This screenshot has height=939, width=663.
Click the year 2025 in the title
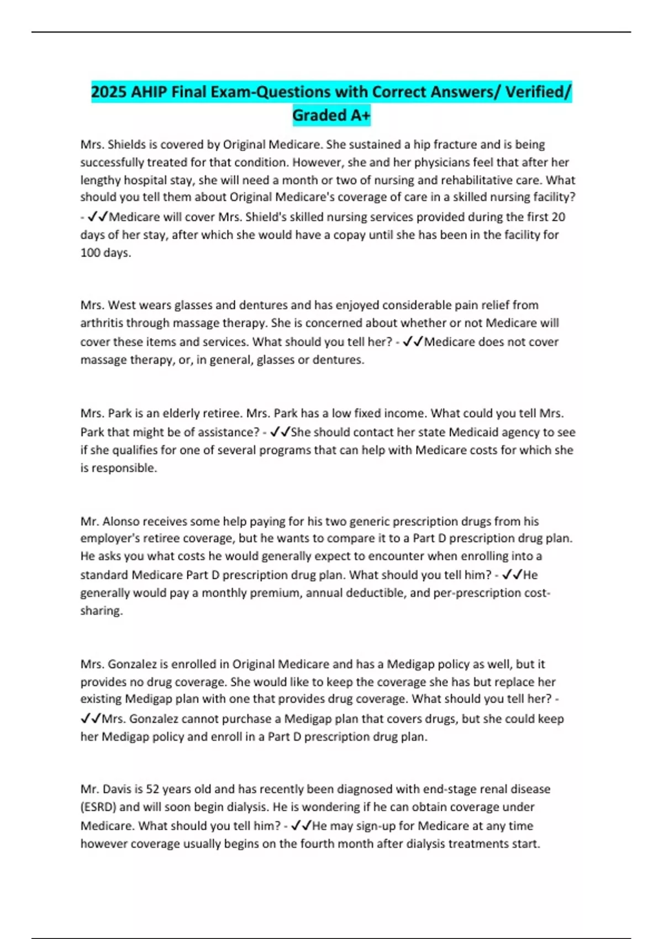click(109, 92)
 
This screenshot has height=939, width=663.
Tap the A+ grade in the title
click(359, 115)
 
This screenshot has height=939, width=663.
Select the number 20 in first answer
click(558, 217)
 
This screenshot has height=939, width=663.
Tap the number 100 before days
click(90, 253)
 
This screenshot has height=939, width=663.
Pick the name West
click(122, 305)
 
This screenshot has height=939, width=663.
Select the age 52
click(152, 789)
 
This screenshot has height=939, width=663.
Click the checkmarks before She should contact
click(280, 432)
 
